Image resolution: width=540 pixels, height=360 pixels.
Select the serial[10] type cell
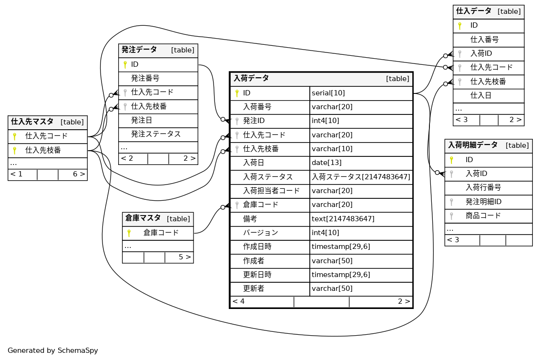click(328, 93)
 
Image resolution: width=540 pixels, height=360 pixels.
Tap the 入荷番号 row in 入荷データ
click(257, 107)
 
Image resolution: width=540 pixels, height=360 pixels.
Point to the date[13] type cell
click(324, 163)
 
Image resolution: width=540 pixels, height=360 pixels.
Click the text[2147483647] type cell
click(343, 218)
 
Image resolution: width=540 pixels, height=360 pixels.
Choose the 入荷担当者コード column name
click(271, 191)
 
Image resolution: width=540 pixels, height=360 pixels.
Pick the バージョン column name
click(260, 233)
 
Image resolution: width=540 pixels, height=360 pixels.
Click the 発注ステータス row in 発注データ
click(156, 134)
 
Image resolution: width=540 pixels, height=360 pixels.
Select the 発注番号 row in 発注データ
click(145, 78)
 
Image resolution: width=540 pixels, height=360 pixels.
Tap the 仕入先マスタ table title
click(32, 122)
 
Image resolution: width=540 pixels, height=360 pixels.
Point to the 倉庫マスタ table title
click(143, 218)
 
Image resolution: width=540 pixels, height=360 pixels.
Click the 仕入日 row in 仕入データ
click(481, 95)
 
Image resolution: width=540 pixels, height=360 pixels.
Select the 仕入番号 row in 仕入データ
click(484, 40)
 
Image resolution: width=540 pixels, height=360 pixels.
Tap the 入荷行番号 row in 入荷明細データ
click(483, 187)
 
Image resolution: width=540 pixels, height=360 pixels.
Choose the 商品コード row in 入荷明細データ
click(483, 216)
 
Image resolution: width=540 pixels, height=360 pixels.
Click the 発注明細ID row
click(483, 202)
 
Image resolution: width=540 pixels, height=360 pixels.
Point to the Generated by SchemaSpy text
click(53, 350)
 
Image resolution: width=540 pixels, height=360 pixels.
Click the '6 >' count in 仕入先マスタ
click(79, 174)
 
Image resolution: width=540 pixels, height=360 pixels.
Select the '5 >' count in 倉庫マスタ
click(185, 257)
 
